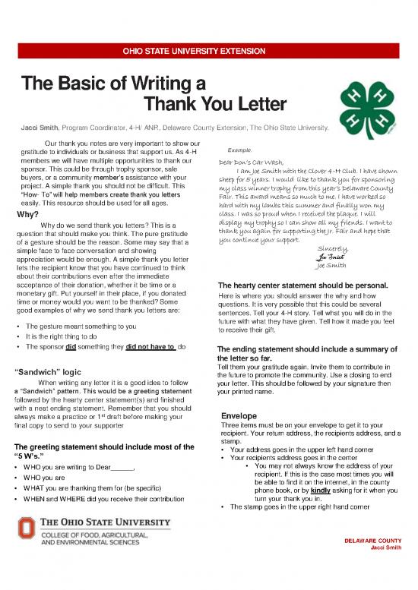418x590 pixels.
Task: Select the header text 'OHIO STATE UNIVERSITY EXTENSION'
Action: [208, 52]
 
